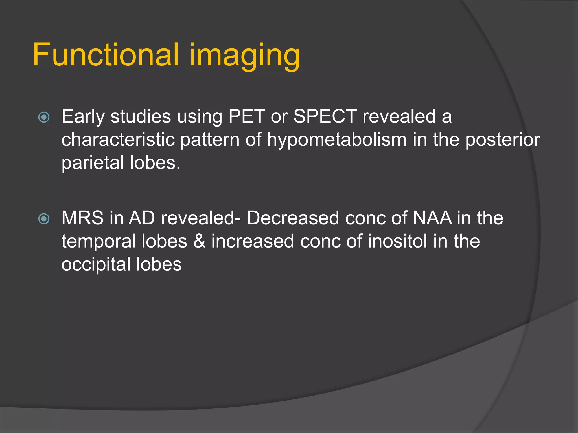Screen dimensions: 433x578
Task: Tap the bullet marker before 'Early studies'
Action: (44, 117)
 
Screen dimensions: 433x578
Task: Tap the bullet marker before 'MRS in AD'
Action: (44, 219)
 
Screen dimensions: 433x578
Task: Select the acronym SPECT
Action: (325, 116)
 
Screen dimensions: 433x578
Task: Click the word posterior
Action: (502, 140)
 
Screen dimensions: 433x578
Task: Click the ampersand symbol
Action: (199, 241)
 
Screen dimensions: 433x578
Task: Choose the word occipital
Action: (96, 265)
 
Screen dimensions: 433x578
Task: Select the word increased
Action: (253, 241)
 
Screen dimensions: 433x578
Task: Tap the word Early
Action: (83, 117)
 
